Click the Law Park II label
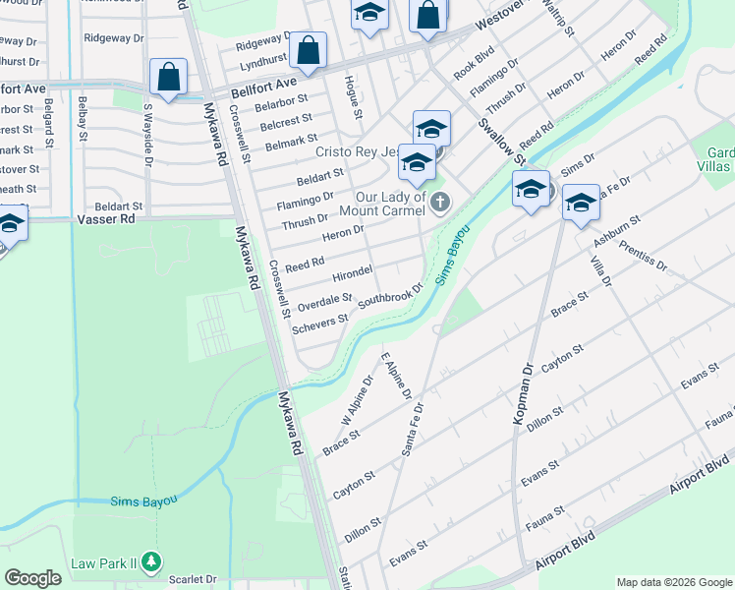(x=105, y=563)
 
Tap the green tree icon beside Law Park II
(x=150, y=562)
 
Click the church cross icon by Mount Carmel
(x=440, y=204)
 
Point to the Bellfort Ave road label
(x=263, y=89)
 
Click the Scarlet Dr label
(x=192, y=579)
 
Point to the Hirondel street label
(x=352, y=271)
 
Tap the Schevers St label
(x=320, y=322)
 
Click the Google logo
(x=33, y=578)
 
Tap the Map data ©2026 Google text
(x=673, y=582)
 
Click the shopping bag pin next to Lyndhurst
(x=309, y=53)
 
